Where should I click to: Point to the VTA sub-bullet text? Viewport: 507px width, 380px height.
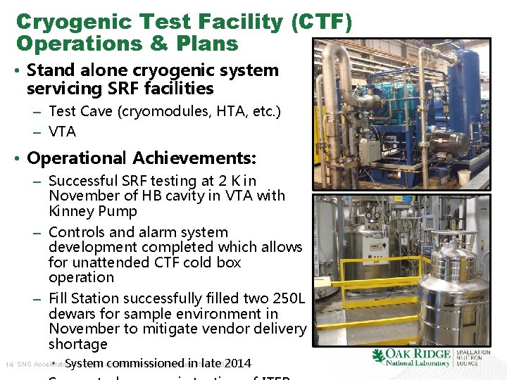tap(63, 132)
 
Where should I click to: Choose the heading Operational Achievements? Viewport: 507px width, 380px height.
tap(142, 158)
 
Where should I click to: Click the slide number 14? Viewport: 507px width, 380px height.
tap(9, 365)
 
